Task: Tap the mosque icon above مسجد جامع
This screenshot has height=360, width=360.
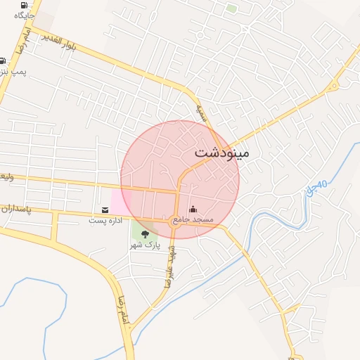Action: (x=193, y=210)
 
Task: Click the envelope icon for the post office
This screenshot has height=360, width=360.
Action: (x=105, y=210)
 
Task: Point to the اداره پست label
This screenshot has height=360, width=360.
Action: (x=105, y=220)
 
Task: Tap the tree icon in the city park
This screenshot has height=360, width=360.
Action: (x=146, y=234)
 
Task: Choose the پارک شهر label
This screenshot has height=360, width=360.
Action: (x=146, y=245)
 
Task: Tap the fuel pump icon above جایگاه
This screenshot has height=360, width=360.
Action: (x=24, y=4)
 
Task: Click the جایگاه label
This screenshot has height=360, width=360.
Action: (x=24, y=14)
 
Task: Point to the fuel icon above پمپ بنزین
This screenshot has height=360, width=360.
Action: (x=3, y=61)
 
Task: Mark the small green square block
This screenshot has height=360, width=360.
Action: (x=231, y=8)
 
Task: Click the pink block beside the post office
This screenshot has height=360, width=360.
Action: (x=119, y=201)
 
